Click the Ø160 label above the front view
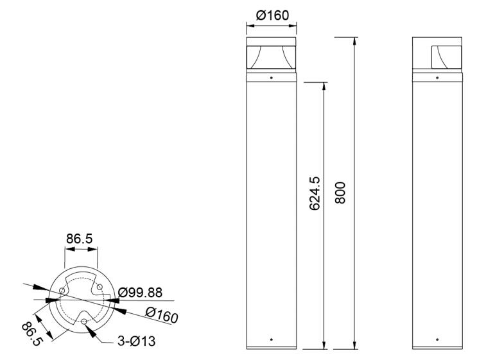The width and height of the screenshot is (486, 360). pyautogui.click(x=272, y=15)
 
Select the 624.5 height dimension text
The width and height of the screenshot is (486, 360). pyautogui.click(x=315, y=194)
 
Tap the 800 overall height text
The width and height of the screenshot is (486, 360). pyautogui.click(x=340, y=193)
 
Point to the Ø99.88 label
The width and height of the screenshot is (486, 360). pyautogui.click(x=140, y=293)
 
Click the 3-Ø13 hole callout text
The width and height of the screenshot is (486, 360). pyautogui.click(x=136, y=341)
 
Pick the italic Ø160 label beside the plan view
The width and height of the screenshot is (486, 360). pyautogui.click(x=162, y=315)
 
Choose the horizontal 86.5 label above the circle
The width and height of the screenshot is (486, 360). pyautogui.click(x=80, y=239)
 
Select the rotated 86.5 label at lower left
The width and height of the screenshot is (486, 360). pyautogui.click(x=31, y=334)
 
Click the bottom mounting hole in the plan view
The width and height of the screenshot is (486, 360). pyautogui.click(x=83, y=321)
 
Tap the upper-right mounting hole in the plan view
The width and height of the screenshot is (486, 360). pyautogui.click(x=100, y=287)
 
